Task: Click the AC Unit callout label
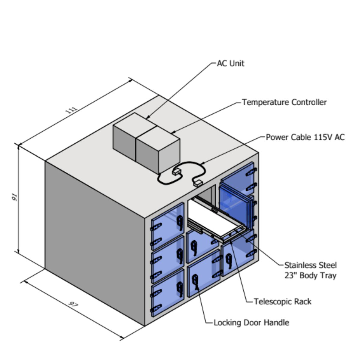(230, 64)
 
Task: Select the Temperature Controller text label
(284, 102)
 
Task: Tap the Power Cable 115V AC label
(305, 137)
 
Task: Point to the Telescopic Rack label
(282, 301)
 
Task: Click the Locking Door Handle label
(251, 323)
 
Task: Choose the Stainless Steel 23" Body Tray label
(310, 270)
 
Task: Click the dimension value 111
(71, 110)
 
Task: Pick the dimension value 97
(73, 305)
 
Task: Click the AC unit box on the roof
(124, 136)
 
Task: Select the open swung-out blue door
(234, 204)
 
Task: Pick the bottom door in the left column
(167, 292)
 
